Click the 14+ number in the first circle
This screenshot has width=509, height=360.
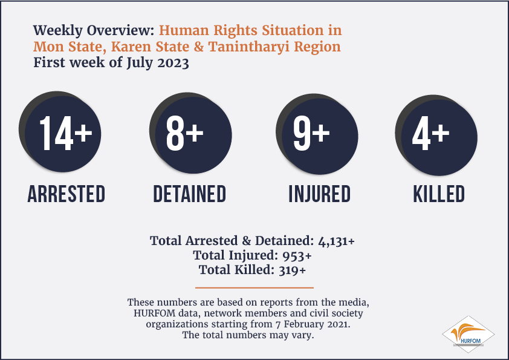(x=66, y=133)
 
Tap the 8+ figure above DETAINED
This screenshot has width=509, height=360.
(x=185, y=133)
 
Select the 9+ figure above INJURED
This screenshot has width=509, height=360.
(x=311, y=133)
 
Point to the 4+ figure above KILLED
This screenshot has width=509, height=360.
(x=431, y=133)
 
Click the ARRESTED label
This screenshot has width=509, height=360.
(x=66, y=194)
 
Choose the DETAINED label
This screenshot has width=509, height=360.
(x=190, y=194)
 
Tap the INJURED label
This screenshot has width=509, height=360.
(x=319, y=194)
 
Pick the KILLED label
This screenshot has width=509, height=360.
(x=438, y=194)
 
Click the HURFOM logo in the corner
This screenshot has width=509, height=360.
(x=468, y=335)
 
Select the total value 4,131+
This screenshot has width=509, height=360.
(x=336, y=241)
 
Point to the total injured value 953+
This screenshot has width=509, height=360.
(x=297, y=256)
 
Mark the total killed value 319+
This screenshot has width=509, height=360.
(x=293, y=270)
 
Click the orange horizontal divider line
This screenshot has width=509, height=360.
(x=254, y=287)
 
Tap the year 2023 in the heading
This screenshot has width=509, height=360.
(x=173, y=63)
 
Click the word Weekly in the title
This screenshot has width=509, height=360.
(x=58, y=30)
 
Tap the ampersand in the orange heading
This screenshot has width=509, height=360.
(x=199, y=47)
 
